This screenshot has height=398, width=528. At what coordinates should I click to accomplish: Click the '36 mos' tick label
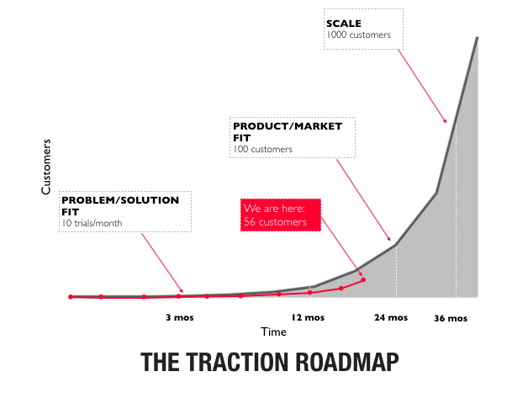coord(451,319)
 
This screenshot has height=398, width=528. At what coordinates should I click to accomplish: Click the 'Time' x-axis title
coord(272,332)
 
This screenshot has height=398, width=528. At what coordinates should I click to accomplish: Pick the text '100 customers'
coord(262,149)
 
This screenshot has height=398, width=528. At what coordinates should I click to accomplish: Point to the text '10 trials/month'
coord(95,221)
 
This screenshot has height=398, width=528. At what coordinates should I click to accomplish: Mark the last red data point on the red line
coord(363,279)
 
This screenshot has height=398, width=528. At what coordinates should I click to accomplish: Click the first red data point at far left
coord(71,296)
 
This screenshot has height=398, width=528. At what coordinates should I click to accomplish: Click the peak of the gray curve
coord(478,37)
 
